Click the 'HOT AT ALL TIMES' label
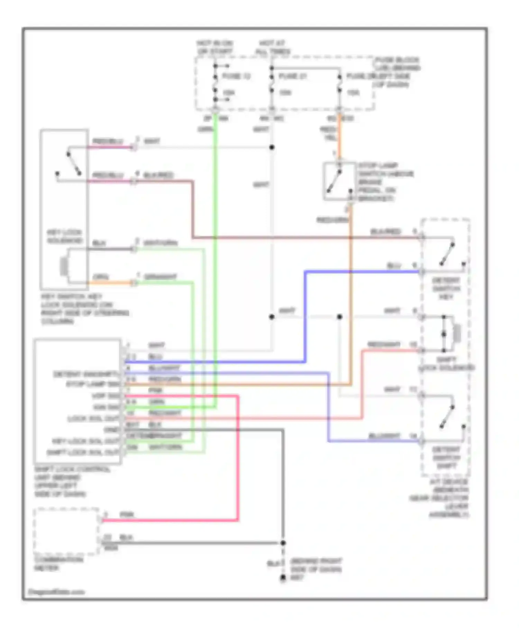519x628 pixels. pos(273,47)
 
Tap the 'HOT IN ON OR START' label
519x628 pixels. pos(215,47)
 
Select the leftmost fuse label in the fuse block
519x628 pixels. pos(236,76)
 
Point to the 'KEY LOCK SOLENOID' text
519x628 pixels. pos(64,236)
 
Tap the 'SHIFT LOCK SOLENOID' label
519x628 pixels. pos(446,364)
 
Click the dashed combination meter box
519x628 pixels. pos(66,531)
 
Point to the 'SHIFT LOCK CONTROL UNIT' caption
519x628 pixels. pos(72,482)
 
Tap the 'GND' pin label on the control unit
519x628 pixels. pos(111,430)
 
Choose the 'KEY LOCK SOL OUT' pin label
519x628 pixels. pos(86,441)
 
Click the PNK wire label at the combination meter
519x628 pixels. pos(127,515)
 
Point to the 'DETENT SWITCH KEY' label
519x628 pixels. pos(446,288)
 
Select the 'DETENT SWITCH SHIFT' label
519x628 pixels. pos(446,458)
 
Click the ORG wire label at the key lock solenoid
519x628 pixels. pos(100,277)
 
